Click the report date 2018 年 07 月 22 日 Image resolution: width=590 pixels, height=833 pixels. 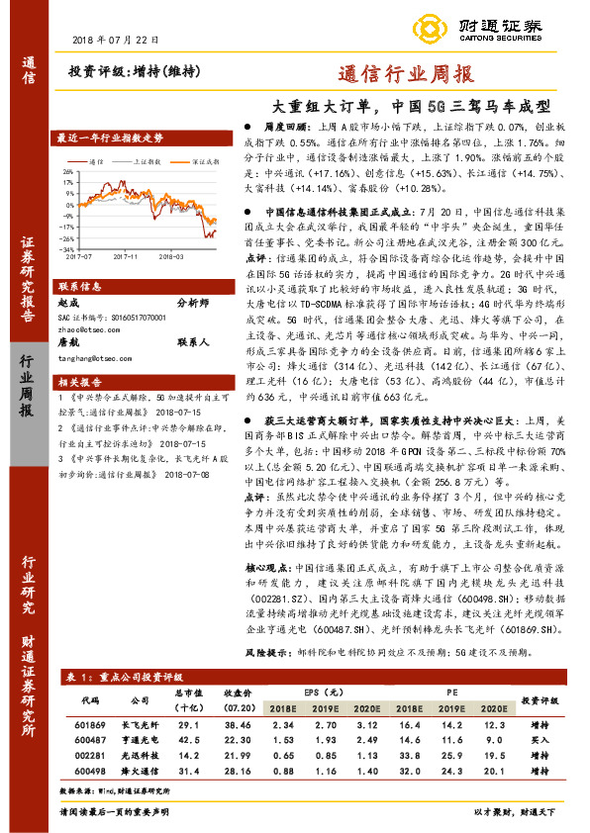[116, 39]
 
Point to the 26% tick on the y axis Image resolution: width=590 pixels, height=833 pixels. [68, 170]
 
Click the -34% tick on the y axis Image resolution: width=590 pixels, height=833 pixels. [68, 250]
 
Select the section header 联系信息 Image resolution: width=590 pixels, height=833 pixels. [79, 285]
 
